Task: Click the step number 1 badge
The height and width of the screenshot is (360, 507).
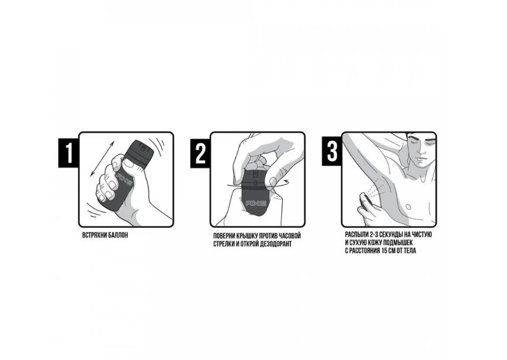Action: tap(69, 153)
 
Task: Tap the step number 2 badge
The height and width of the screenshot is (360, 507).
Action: tap(200, 153)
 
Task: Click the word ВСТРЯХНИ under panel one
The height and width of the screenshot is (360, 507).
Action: tap(94, 235)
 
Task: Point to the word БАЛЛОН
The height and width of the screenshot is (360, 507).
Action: tap(118, 235)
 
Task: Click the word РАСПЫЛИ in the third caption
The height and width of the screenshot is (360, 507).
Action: tap(356, 235)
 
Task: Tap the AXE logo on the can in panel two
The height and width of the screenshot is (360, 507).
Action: tap(256, 203)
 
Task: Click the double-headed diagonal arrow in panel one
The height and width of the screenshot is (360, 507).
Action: tap(102, 158)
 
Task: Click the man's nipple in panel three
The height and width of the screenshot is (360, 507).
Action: tap(408, 207)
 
